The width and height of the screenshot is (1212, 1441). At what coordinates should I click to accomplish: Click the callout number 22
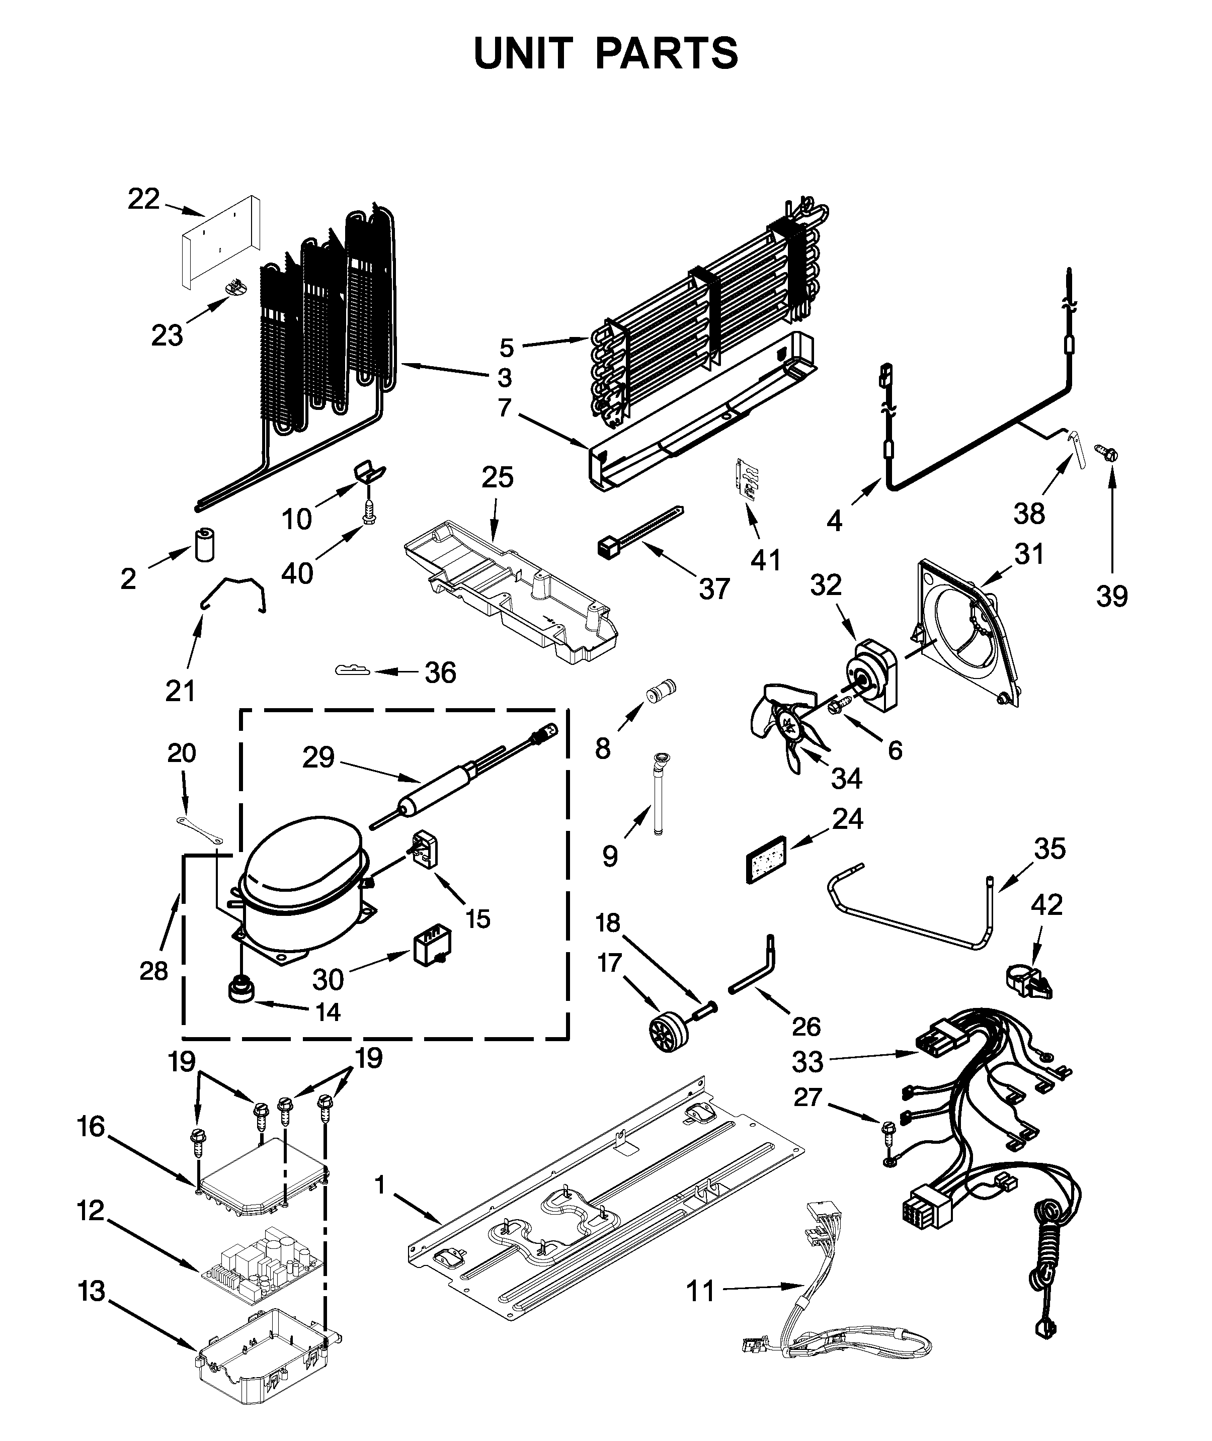[143, 199]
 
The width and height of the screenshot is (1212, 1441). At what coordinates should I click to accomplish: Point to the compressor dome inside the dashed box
[302, 858]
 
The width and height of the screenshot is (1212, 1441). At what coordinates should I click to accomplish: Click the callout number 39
[1112, 596]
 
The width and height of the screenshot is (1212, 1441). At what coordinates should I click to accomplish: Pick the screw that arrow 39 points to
[1108, 453]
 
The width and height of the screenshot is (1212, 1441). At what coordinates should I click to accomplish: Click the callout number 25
[497, 477]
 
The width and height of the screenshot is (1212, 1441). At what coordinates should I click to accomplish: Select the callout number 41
[765, 560]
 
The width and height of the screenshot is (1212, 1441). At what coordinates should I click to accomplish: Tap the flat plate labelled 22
[220, 240]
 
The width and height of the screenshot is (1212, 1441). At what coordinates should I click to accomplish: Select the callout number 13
[92, 1291]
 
